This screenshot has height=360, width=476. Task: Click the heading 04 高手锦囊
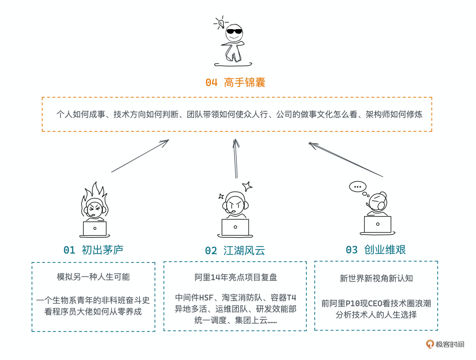235,82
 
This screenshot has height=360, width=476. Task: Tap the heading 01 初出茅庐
93,250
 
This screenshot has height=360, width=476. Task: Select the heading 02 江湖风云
235,251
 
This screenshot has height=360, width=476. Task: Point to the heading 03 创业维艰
376,250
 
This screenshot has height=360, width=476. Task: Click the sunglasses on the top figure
234,31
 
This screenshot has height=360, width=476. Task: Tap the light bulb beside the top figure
221,22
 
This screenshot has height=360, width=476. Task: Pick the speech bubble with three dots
357,187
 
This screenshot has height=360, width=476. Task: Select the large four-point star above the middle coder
247,187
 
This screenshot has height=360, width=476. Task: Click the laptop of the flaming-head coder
95,229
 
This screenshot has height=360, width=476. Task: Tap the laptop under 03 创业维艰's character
377,225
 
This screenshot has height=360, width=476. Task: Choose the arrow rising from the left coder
140,156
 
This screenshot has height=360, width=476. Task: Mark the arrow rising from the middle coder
236,158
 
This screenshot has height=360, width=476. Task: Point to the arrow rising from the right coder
346,159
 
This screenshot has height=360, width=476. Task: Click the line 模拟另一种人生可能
93,277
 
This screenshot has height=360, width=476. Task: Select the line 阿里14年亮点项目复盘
236,277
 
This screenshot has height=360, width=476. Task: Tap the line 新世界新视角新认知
376,278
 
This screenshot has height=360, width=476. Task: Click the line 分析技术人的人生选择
376,315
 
